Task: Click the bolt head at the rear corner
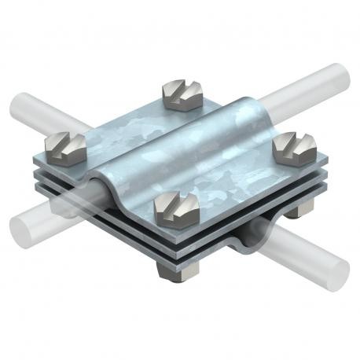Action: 183,93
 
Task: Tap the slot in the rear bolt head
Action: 184,89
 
